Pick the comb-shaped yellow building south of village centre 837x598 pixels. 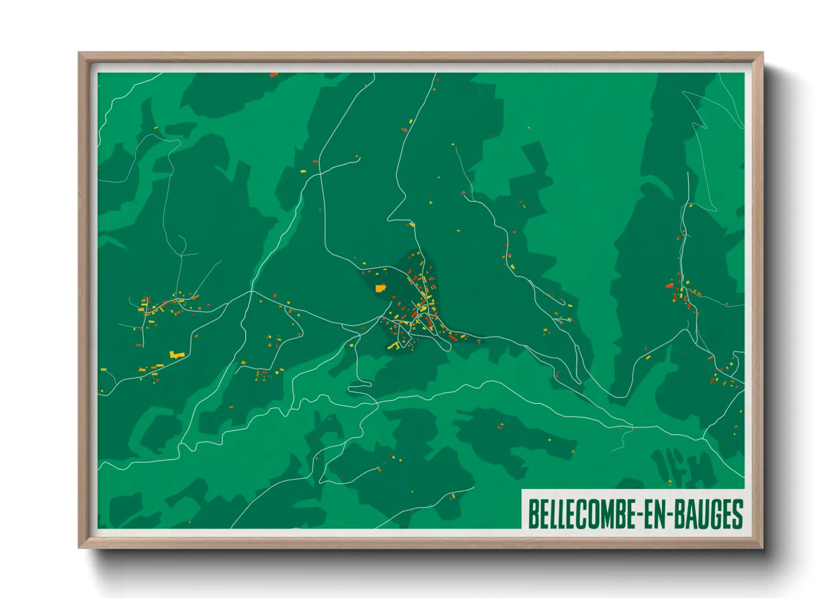394,345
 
